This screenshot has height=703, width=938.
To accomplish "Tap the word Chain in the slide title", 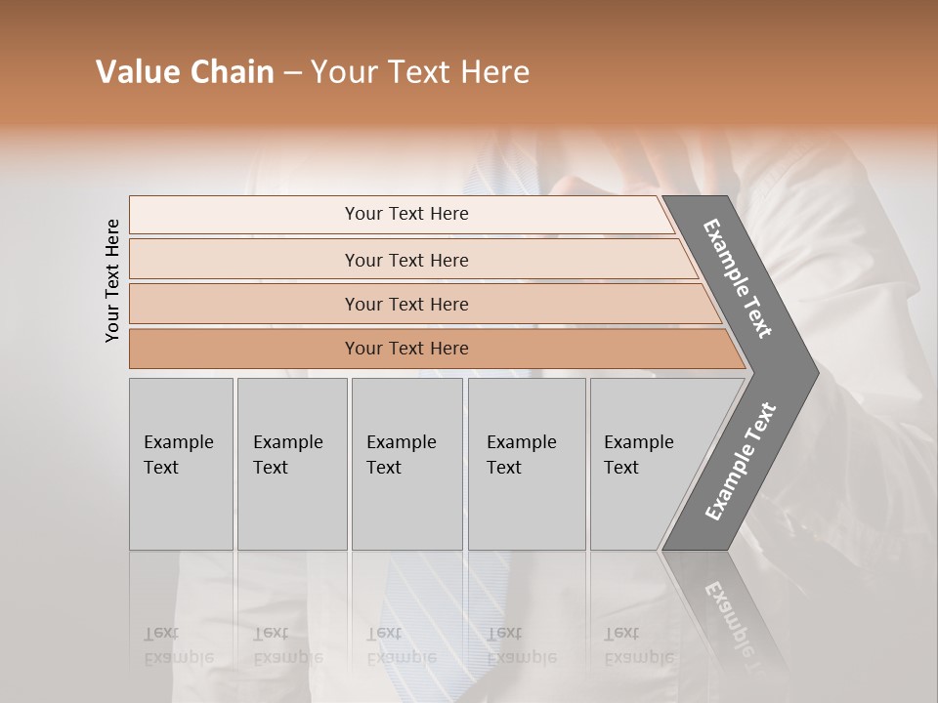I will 231,72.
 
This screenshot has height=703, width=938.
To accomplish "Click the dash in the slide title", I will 292,72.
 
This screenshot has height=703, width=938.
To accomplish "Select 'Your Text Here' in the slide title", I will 420,72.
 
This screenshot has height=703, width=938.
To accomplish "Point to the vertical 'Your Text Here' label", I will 112,280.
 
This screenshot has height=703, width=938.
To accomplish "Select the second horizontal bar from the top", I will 406,260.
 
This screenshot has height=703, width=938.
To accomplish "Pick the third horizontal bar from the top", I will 406,304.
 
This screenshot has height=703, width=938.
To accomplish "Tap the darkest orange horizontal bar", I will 406,349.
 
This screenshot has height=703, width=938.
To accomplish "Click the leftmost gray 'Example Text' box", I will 181,464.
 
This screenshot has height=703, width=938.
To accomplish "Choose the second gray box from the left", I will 291,464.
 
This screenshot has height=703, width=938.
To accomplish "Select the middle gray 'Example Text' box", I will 406,464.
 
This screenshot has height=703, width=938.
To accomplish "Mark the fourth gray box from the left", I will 526,464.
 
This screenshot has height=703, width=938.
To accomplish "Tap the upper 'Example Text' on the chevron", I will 738,278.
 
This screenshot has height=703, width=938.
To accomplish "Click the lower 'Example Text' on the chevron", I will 741,461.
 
